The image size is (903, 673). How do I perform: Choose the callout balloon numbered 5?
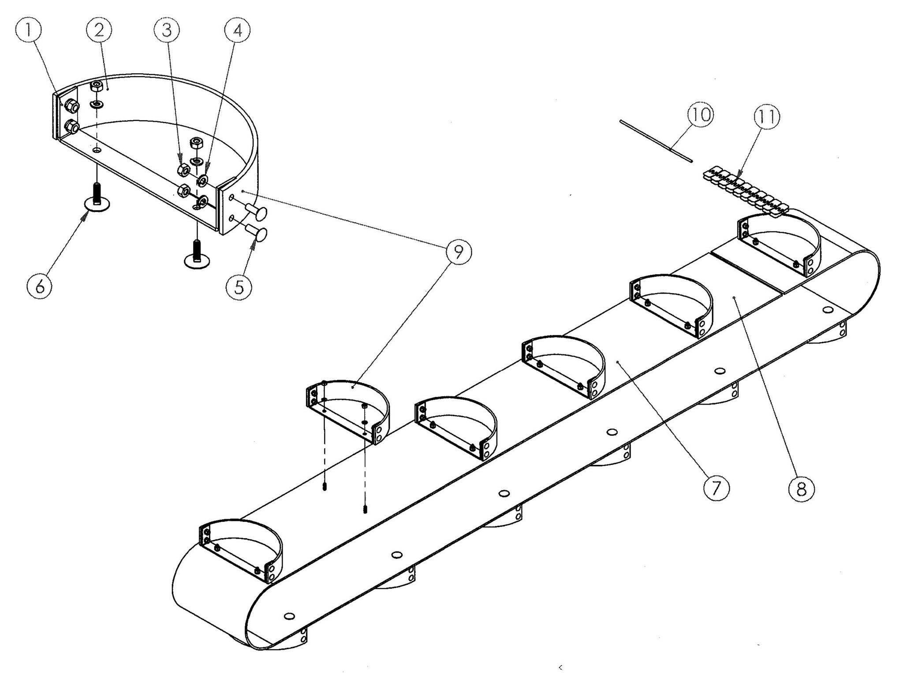pyautogui.click(x=239, y=287)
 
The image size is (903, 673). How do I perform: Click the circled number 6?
pyautogui.click(x=40, y=287)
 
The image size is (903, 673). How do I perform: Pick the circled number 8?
pyautogui.click(x=801, y=488)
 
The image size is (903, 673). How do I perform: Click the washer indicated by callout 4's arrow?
pyautogui.click(x=203, y=180)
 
